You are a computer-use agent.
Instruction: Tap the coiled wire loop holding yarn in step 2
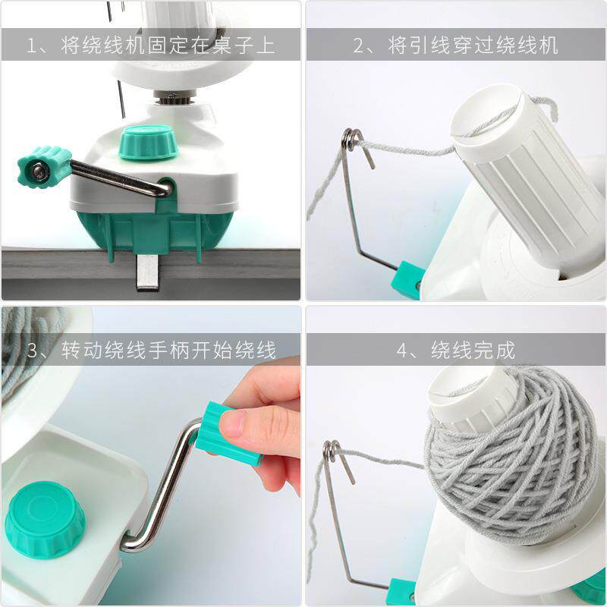(x=351, y=140)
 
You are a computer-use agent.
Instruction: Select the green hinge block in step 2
(x=408, y=276)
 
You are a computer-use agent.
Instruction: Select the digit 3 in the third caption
(x=33, y=350)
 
